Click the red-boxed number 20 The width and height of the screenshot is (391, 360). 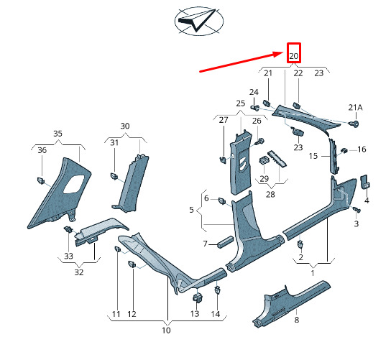pos(293,56)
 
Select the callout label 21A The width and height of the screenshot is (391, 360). pos(355,108)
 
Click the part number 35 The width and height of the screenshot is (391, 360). pos(57,134)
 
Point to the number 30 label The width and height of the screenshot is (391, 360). pos(125,126)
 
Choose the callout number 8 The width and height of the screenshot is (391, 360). pos(297,320)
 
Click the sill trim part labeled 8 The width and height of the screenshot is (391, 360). pos(290,303)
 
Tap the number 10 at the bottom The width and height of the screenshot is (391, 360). pos(166,331)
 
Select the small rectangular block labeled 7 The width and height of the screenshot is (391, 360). pos(226,241)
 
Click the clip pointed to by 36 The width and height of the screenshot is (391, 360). pos(41,180)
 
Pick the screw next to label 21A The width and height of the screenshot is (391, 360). pos(354,124)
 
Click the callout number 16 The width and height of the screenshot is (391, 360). pos(362,149)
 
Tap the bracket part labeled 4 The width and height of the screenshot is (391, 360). pos(365,182)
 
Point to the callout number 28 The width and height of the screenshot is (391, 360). pos(270,194)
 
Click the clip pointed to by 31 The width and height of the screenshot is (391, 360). pos(114,176)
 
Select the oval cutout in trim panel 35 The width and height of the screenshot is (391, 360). pos(74,184)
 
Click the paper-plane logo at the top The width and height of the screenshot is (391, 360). pos(199,22)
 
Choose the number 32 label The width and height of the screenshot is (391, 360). pos(79,272)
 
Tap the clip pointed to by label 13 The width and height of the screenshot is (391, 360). pos(198,297)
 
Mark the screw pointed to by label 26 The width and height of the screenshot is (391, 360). pos(259,142)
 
